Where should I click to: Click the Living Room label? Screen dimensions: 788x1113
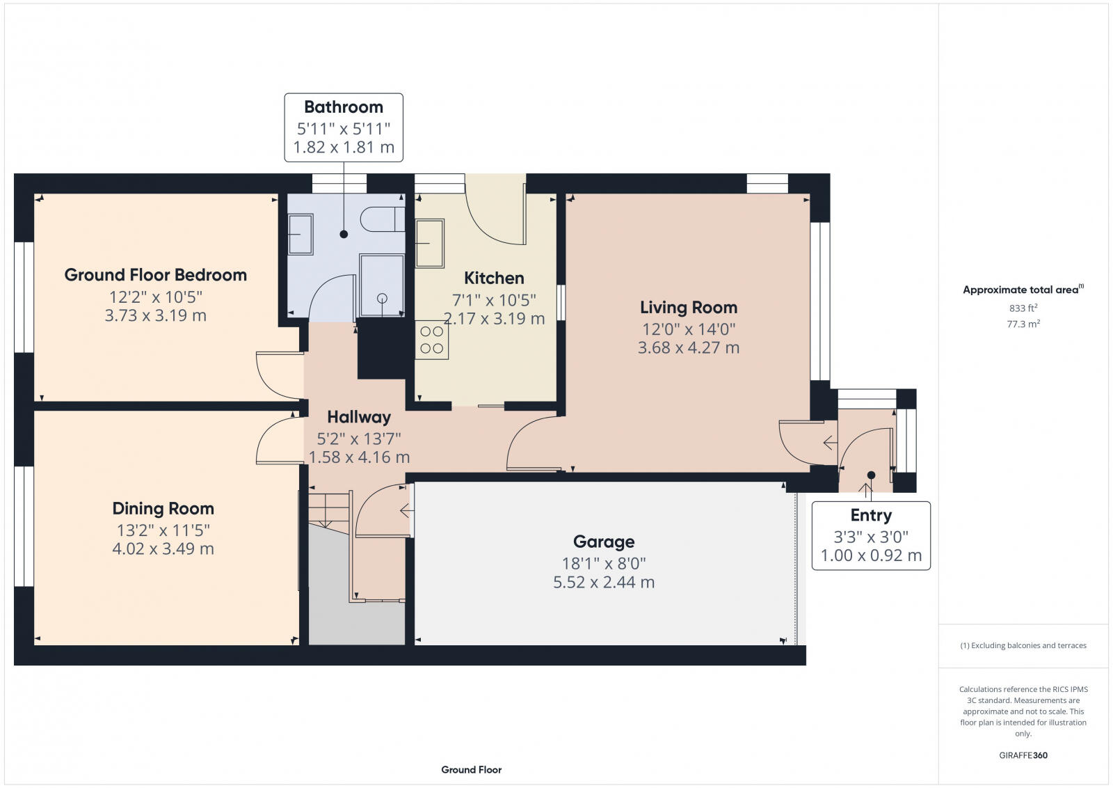tap(688, 307)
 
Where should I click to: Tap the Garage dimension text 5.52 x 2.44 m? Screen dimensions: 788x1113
tap(603, 582)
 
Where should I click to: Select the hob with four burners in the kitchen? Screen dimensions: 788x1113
tap(431, 340)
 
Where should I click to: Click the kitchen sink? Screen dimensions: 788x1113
tap(430, 243)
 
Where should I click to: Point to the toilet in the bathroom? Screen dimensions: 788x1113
tap(382, 219)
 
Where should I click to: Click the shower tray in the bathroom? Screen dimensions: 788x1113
tap(381, 285)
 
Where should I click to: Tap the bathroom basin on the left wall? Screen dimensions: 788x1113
tap(301, 235)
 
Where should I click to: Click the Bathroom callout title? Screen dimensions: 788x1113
tap(344, 107)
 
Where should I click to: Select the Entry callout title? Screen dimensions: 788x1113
tap(870, 515)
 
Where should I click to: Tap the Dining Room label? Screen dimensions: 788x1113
tap(163, 508)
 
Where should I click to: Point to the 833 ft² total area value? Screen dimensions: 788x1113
tap(1023, 308)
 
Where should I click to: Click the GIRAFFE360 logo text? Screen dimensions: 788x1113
tap(1023, 755)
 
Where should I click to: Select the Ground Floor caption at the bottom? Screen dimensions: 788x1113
tap(471, 769)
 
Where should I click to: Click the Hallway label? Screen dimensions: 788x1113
tap(359, 417)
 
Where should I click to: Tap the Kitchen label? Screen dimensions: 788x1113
tap(494, 278)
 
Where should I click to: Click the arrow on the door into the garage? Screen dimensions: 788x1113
tap(406, 511)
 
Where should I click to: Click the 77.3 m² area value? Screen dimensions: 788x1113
tap(1023, 324)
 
